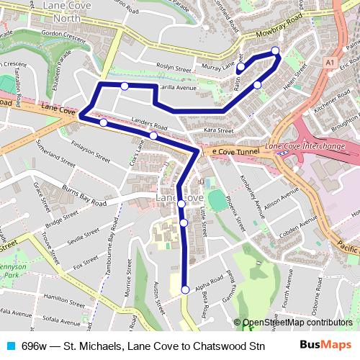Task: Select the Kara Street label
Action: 219,130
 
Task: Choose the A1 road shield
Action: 328,63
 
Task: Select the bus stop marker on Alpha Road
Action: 185,290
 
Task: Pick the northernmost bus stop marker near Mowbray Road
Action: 275,50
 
